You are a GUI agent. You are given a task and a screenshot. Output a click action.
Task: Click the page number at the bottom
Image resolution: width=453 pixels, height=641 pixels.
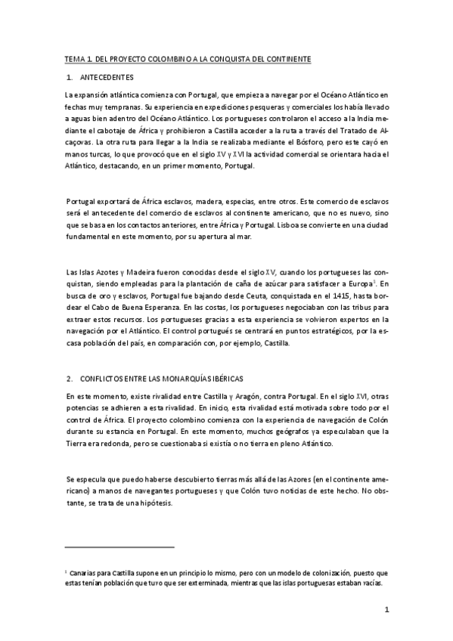pos(386,610)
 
